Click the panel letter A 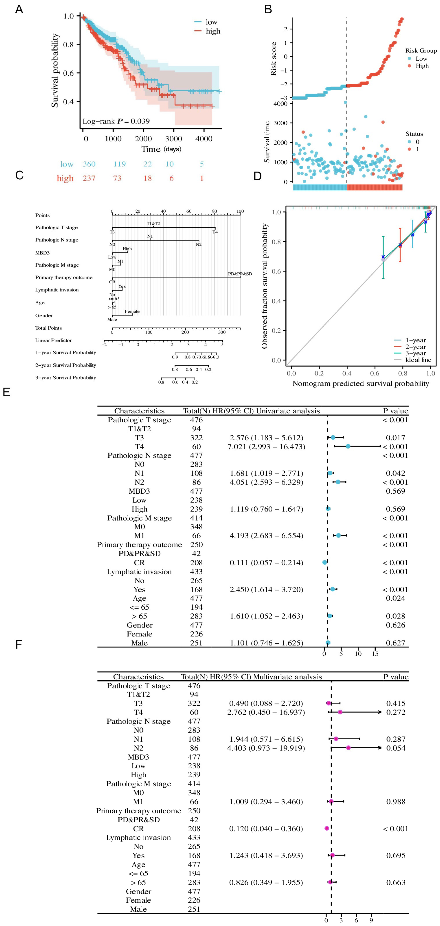coord(19,9)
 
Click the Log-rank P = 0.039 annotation coord(116,121)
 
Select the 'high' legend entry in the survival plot coord(213,31)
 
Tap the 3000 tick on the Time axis coord(173,139)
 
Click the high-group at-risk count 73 coord(117,178)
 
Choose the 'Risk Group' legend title coord(421,51)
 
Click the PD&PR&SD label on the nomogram coord(240,274)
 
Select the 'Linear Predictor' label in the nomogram coord(53,340)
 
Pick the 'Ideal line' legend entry coord(418,360)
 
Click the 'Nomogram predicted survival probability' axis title coord(361,384)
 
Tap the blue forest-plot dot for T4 coord(348,446)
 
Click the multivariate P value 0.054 coord(396,748)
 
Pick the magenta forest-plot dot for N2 coord(348,748)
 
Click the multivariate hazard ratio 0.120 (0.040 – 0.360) coord(266,829)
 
